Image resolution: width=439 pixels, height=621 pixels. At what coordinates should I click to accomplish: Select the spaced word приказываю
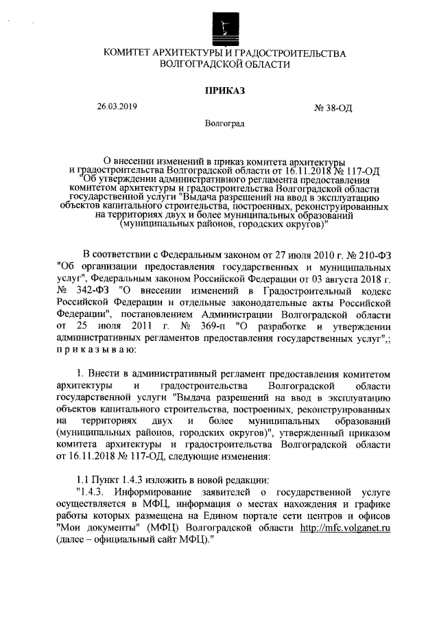(96, 349)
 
